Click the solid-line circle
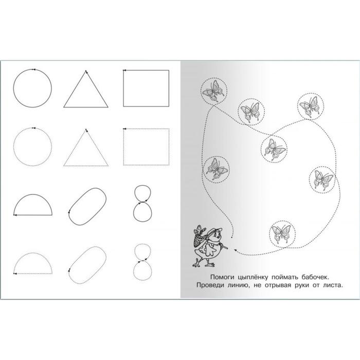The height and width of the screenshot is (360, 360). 13,88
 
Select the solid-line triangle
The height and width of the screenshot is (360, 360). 75,89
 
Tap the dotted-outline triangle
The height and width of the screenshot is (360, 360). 75,148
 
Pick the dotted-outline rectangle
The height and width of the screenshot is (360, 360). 123,147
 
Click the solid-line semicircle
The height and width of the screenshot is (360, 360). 33,195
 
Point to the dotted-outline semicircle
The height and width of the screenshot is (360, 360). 33,253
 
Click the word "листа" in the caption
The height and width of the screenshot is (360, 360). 333,285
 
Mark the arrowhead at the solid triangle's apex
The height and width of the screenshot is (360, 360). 86,72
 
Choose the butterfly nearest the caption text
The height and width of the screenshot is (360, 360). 281,233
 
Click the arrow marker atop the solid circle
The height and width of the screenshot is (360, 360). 34,69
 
